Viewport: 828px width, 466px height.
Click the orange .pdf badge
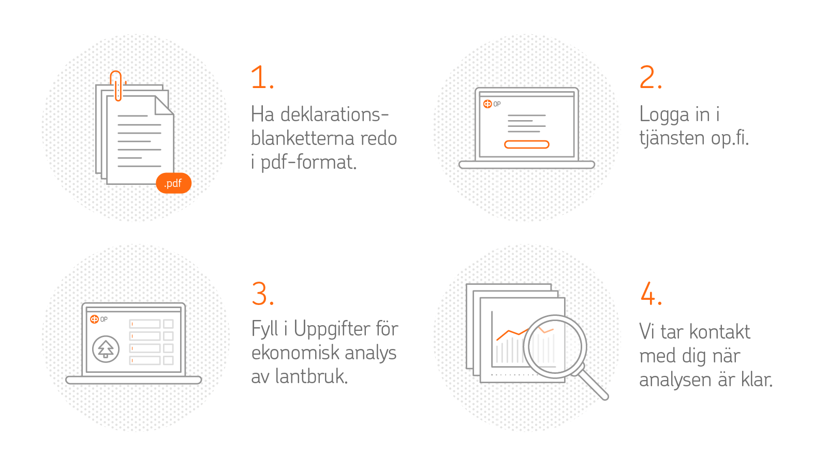174,183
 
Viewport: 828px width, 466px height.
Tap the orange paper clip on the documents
116,86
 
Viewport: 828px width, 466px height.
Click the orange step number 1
262,77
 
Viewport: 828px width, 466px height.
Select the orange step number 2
650,77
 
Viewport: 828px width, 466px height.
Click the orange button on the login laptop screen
527,144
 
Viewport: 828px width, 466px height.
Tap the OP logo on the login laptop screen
492,104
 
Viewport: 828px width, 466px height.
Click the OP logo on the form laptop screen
99,319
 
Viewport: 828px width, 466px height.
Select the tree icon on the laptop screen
106,349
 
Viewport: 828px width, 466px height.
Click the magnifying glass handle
593,384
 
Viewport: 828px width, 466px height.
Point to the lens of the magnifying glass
555,346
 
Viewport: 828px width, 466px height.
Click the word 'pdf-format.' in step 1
308,163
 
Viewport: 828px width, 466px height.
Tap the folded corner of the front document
164,106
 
